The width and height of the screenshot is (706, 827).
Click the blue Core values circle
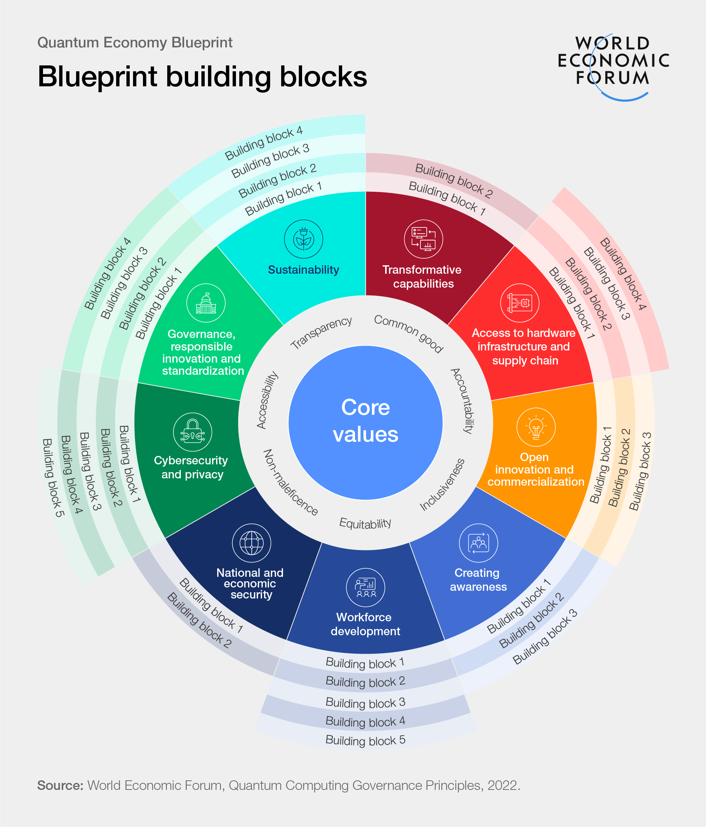(x=365, y=422)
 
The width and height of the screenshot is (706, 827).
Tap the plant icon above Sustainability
(x=304, y=239)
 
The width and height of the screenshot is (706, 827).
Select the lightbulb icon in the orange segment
(x=535, y=427)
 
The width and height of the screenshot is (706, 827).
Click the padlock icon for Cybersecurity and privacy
(x=193, y=432)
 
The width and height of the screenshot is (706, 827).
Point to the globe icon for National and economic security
(x=252, y=543)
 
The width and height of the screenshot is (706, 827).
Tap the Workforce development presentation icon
(x=365, y=587)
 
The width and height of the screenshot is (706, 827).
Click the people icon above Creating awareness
(x=479, y=543)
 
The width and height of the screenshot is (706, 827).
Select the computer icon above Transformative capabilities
(x=423, y=239)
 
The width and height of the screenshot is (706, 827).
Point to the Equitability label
(x=365, y=523)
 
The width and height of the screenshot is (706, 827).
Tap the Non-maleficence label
(x=290, y=482)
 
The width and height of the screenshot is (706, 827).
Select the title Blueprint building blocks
(x=202, y=76)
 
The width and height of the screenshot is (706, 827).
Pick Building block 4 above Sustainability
(x=264, y=143)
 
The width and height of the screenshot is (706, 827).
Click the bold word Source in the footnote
(x=60, y=785)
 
